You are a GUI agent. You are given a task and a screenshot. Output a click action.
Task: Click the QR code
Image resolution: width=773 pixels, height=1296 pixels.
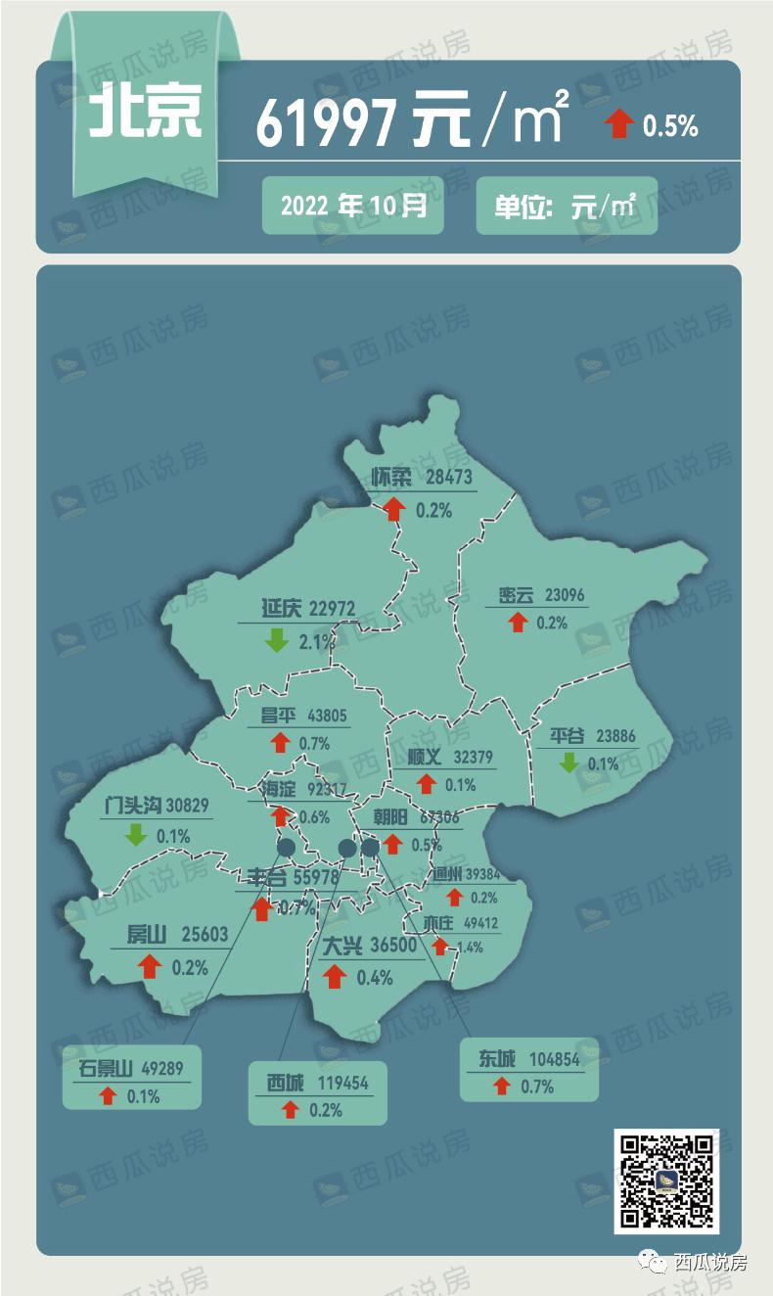tap(666, 1180)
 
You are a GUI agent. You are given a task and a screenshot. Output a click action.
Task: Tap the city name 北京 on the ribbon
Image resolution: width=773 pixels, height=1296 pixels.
tap(147, 114)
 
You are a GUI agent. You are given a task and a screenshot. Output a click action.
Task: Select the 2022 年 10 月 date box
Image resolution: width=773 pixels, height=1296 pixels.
tap(352, 206)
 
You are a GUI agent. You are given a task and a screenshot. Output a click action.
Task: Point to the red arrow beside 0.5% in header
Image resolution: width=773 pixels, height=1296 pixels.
tap(618, 124)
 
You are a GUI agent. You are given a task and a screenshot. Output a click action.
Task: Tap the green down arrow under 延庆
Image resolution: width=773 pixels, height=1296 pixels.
tap(277, 641)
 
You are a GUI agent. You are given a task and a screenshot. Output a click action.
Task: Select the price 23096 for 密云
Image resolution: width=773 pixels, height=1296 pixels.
tap(564, 594)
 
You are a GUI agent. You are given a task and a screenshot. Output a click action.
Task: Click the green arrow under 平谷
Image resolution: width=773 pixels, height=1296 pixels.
tap(568, 762)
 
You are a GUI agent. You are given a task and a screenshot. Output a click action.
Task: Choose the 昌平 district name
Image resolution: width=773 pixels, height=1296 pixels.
tap(278, 716)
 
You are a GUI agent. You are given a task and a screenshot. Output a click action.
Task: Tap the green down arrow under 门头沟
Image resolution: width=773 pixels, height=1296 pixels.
tap(136, 835)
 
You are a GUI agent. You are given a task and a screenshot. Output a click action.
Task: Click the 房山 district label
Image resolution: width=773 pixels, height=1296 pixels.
tap(147, 935)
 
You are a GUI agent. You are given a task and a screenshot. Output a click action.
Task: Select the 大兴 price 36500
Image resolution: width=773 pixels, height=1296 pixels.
tap(394, 947)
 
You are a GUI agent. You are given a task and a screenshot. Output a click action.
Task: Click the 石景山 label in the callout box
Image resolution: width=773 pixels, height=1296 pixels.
tap(105, 1067)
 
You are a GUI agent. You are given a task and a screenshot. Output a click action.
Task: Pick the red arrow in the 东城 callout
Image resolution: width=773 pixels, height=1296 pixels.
tap(502, 1086)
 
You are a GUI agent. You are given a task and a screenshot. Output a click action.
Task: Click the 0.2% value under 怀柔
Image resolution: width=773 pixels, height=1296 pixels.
tap(433, 510)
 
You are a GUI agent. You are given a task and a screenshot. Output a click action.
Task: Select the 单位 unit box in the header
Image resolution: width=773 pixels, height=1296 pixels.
tap(566, 206)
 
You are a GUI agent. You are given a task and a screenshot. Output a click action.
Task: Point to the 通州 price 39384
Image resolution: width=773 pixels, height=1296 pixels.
tap(482, 873)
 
